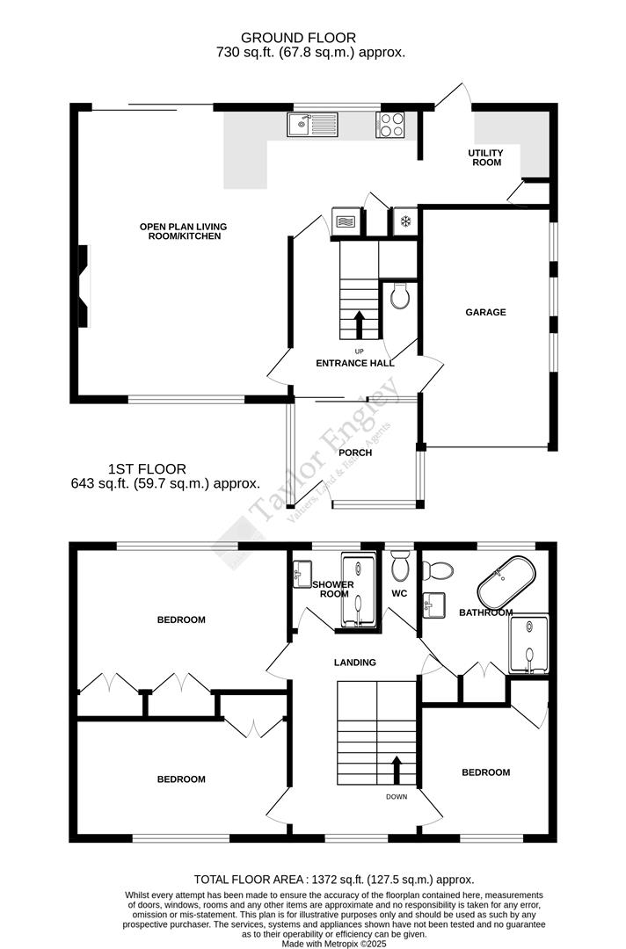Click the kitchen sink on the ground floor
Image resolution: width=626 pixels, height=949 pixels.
312,126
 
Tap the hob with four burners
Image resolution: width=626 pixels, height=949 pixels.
390,126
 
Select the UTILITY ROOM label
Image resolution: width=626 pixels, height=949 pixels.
484,157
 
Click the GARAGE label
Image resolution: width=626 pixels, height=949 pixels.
485,312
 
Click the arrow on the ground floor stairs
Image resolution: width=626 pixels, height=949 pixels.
359,322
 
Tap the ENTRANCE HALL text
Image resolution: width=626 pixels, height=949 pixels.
355,363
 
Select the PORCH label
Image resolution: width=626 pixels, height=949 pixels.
355,453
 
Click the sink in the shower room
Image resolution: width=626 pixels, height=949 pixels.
301,573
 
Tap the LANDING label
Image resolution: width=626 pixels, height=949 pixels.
355,663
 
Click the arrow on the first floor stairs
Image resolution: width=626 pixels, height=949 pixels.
397,769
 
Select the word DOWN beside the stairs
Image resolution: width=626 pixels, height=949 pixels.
396,797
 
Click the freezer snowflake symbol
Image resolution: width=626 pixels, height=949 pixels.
404,221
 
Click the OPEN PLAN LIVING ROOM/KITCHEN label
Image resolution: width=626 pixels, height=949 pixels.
179,231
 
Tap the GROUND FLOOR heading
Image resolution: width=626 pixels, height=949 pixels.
298,38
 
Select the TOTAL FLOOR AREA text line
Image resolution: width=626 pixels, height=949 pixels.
334,879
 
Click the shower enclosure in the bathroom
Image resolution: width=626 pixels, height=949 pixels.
529,641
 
